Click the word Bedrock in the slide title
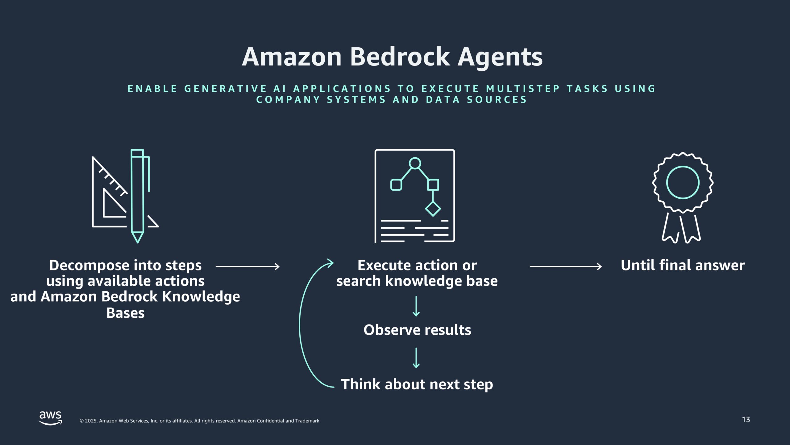click(400, 57)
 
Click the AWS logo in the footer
click(50, 418)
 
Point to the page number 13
click(746, 420)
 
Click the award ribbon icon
click(683, 198)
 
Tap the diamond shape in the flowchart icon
click(433, 209)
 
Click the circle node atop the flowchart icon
click(415, 163)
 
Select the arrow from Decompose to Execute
click(247, 266)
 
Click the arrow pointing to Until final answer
click(566, 266)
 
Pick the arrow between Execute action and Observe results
click(416, 306)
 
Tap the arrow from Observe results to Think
click(416, 358)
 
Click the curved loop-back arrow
click(300, 324)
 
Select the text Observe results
click(417, 330)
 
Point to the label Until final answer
click(683, 265)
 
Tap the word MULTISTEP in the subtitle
click(523, 89)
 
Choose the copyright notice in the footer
click(200, 421)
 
